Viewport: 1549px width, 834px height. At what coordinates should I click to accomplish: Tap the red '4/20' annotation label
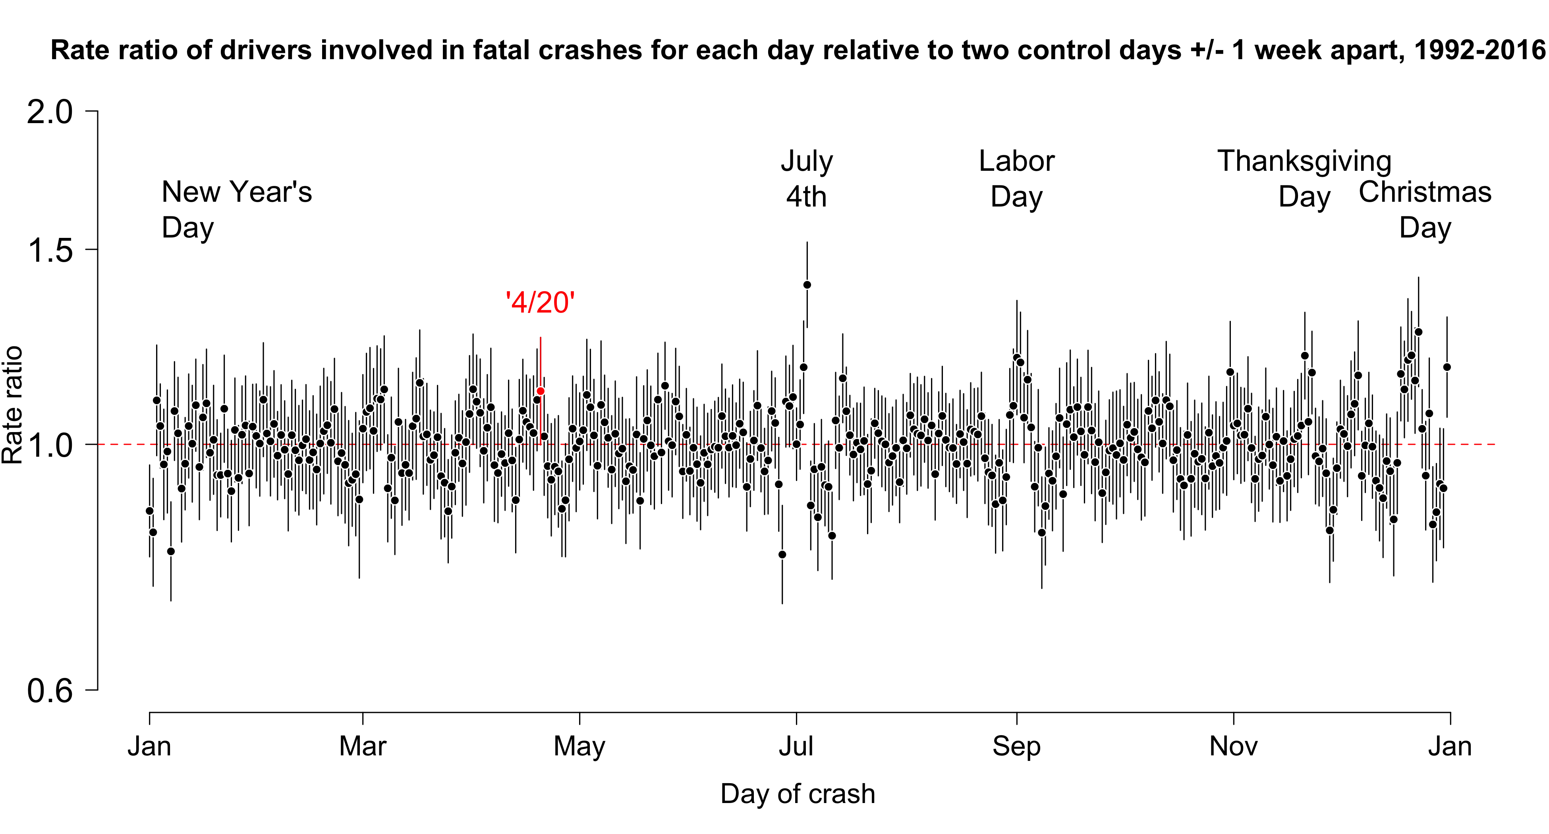tap(541, 303)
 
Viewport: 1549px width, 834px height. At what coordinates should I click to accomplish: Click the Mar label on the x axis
tap(363, 747)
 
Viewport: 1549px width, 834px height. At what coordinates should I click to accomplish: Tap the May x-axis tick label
tap(579, 747)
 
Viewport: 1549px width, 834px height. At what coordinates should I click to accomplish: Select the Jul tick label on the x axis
tap(796, 747)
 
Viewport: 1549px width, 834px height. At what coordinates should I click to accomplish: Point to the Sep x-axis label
tap(1016, 747)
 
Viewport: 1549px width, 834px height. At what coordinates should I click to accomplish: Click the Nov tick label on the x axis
tap(1233, 747)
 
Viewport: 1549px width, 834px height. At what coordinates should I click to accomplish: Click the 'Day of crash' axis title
tap(798, 794)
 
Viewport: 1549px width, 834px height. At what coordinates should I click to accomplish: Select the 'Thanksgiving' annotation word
tap(1304, 161)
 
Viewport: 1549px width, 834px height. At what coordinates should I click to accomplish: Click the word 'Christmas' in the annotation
tap(1425, 192)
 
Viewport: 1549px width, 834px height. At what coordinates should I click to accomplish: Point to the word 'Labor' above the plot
tap(1016, 161)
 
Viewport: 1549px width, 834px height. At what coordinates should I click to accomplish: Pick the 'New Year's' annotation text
tap(237, 192)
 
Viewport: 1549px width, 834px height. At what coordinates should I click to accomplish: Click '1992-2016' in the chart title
tap(1479, 50)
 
